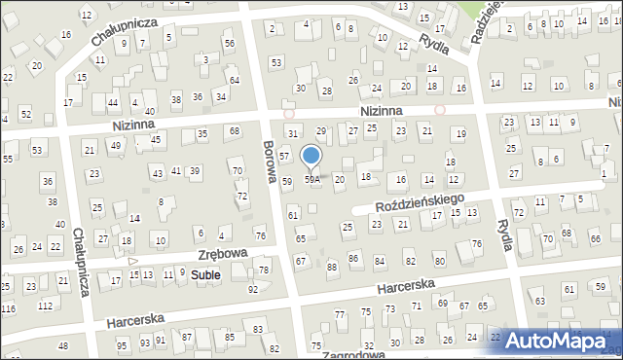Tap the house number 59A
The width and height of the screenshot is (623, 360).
click(311, 179)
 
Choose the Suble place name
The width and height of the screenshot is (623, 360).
click(204, 275)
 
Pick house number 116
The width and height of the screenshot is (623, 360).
click(8, 307)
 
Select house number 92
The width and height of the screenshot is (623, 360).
click(253, 289)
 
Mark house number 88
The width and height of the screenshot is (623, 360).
click(332, 267)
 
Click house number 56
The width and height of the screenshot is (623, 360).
click(230, 44)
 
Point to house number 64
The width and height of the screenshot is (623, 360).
click(234, 79)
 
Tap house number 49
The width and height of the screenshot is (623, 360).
click(116, 146)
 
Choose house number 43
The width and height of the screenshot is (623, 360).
click(158, 173)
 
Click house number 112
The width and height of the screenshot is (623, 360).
click(45, 306)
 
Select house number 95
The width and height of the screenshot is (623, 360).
click(122, 345)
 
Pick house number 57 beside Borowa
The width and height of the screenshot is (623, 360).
click(284, 156)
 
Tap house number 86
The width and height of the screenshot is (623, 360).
click(353, 259)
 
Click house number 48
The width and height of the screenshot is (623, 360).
click(63, 346)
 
